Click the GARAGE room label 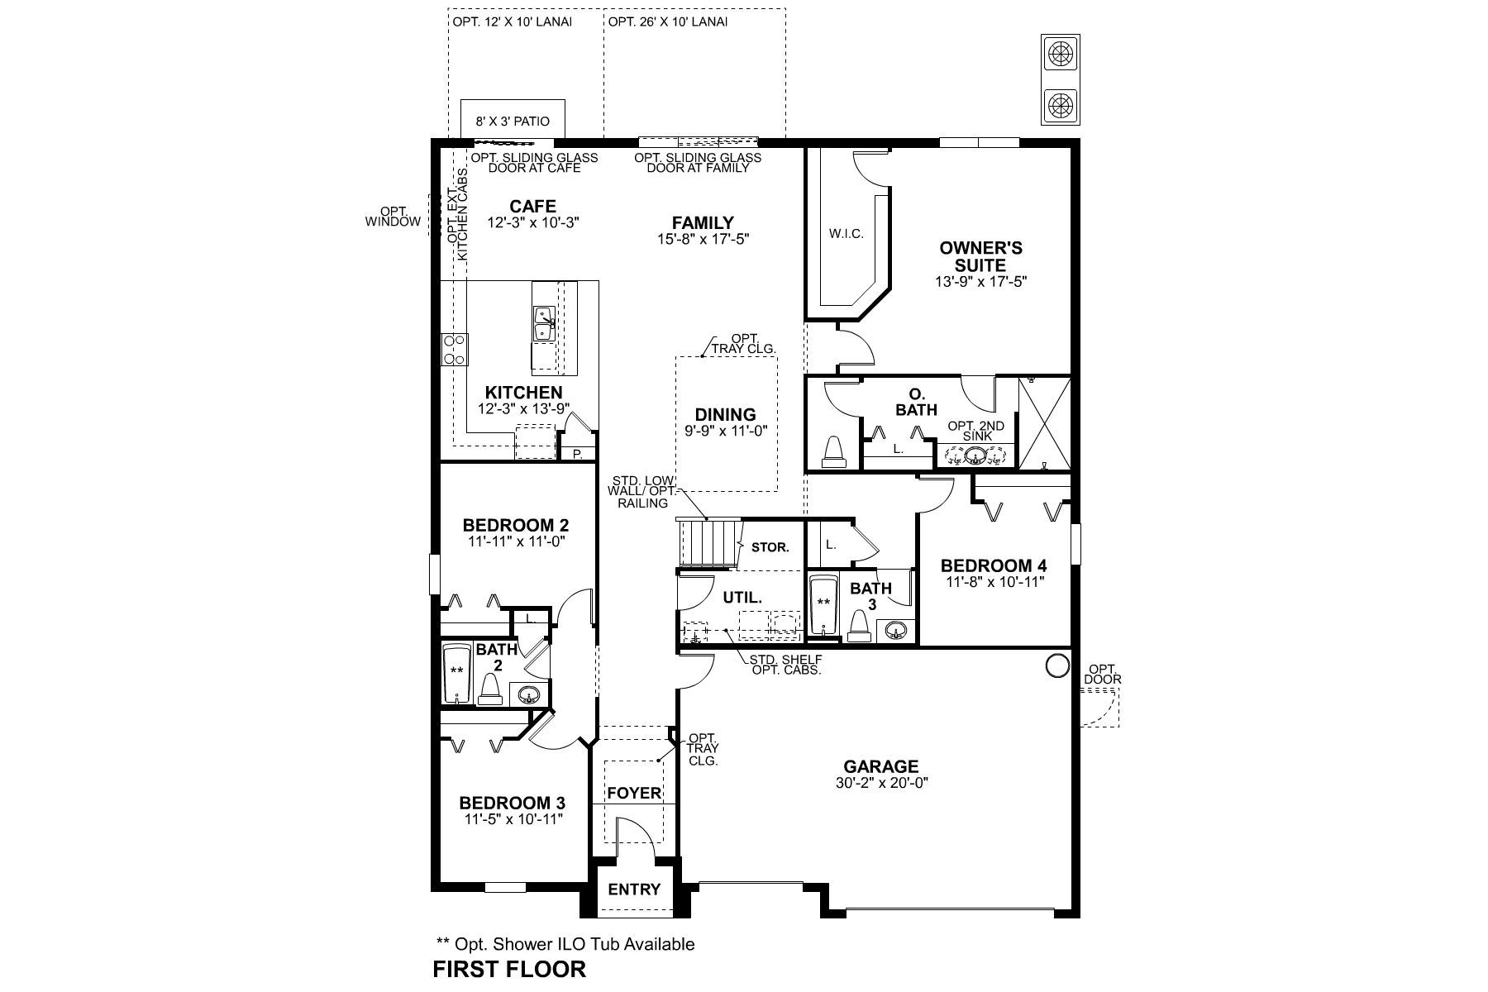tap(881, 767)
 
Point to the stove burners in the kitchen tap(454, 349)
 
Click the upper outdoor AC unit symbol tap(1061, 55)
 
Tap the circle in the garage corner tap(1056, 665)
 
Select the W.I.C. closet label tap(846, 234)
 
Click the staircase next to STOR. tap(707, 543)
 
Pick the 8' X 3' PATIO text tap(513, 121)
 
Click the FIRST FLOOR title tap(509, 970)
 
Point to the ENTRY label tap(634, 889)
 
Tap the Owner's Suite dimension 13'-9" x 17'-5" tap(980, 282)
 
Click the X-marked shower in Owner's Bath tap(1044, 423)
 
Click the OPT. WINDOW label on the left tap(393, 217)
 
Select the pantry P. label tap(578, 454)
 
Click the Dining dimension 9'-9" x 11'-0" tap(725, 431)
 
